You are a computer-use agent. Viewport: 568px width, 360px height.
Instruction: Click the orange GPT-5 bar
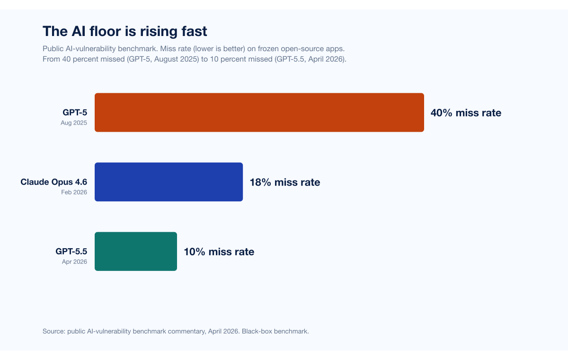coord(259,112)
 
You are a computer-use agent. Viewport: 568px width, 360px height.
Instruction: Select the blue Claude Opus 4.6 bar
coord(169,182)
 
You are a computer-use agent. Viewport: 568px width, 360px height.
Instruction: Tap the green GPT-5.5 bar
coord(136,252)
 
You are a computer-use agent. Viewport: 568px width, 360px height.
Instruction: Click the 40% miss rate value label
coord(466,113)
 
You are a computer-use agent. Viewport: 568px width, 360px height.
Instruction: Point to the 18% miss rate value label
coord(285,182)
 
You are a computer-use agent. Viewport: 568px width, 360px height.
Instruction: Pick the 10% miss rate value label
coord(219,252)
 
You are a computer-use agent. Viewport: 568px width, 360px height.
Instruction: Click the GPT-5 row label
coord(75,112)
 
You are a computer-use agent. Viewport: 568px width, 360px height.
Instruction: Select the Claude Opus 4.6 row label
coord(54,182)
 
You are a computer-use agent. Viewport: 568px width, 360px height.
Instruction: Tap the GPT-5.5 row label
coord(71,251)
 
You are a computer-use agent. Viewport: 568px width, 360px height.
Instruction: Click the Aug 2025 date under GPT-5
coord(74,123)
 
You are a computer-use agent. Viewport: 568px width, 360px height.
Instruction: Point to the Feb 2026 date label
coord(74,192)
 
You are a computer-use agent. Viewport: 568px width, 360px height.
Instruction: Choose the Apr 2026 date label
coord(75,262)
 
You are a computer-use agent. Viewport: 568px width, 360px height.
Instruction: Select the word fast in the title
coord(194,31)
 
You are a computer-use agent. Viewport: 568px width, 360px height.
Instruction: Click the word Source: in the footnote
coord(54,331)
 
